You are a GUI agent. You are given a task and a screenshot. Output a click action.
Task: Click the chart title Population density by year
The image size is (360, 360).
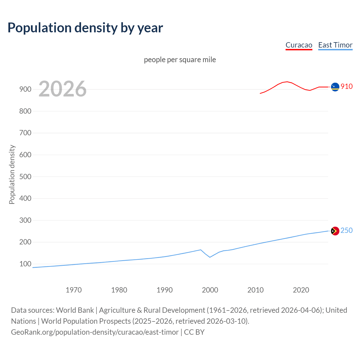[85, 28]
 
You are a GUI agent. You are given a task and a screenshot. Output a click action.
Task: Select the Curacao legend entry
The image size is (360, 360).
[299, 45]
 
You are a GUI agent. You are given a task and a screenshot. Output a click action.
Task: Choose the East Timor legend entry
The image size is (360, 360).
[335, 45]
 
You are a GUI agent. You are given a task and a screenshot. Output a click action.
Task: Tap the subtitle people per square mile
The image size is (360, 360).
[180, 60]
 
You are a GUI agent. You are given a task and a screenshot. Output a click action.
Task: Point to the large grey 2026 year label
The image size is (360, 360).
[62, 89]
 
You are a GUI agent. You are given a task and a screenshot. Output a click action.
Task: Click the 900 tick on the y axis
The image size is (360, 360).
[25, 89]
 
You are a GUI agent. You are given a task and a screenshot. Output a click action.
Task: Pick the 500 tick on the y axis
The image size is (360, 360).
[25, 177]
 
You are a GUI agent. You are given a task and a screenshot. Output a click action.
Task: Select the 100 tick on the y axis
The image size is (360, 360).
[25, 264]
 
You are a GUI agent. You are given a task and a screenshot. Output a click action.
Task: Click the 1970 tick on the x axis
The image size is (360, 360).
[74, 290]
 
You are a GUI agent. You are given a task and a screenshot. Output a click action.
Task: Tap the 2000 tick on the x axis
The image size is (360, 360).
[210, 290]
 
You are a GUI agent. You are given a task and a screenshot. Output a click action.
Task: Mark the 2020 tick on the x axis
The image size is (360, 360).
[301, 290]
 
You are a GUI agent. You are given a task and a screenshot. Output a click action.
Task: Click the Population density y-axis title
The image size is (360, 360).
[12, 174]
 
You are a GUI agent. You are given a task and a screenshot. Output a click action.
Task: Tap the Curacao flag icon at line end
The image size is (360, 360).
[335, 87]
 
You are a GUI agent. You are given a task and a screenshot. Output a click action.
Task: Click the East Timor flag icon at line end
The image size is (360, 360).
[335, 231]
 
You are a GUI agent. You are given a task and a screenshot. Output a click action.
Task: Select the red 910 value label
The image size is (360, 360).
[346, 86]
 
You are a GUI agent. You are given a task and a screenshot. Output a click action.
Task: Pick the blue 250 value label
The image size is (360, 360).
[346, 230]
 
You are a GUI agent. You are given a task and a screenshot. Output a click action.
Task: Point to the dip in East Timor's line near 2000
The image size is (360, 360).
[210, 257]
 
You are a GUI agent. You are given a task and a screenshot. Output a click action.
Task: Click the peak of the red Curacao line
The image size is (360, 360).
[287, 82]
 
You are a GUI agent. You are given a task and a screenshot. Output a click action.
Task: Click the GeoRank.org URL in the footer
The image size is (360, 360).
[95, 332]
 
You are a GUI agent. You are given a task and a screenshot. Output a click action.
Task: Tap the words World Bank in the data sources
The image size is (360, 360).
[75, 310]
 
